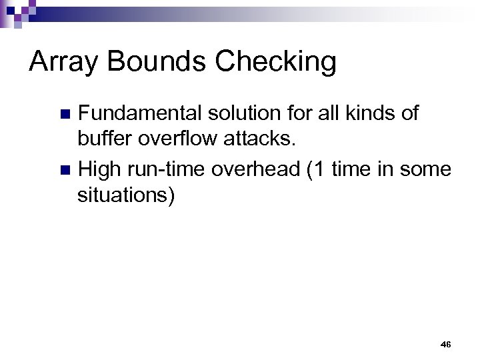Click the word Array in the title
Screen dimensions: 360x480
[62, 62]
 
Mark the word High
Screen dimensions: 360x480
[98, 170]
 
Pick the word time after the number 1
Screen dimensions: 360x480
[349, 170]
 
